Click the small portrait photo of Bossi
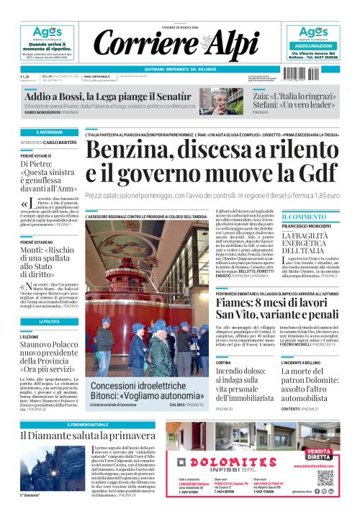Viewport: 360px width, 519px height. point(223,102)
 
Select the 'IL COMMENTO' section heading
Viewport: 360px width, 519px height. point(304,217)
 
